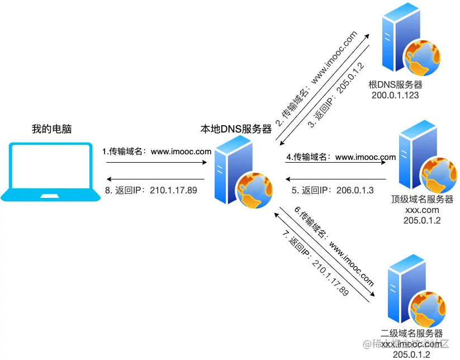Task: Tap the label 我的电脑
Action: pos(52,130)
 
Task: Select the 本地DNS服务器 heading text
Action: pos(236,129)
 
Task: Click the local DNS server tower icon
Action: pos(238,172)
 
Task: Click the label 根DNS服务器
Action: pos(395,85)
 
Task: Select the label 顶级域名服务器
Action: pos(423,200)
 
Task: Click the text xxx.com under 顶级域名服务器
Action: pos(423,210)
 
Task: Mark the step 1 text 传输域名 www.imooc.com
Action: pos(157,151)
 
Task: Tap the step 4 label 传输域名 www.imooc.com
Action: pos(341,157)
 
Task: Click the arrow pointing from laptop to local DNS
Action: pos(157,163)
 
